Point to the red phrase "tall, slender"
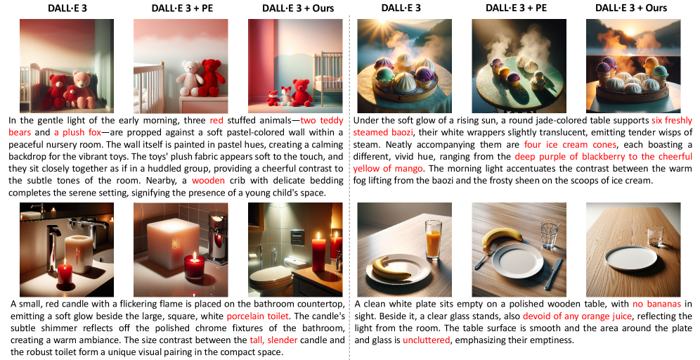pyautogui.click(x=273, y=340)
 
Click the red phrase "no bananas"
pyautogui.click(x=656, y=304)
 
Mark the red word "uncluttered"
pyautogui.click(x=427, y=340)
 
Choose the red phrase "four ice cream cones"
pyautogui.click(x=570, y=145)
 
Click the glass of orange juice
pyautogui.click(x=433, y=239)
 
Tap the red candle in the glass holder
pyautogui.click(x=195, y=266)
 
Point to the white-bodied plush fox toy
pyautogui.click(x=285, y=96)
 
